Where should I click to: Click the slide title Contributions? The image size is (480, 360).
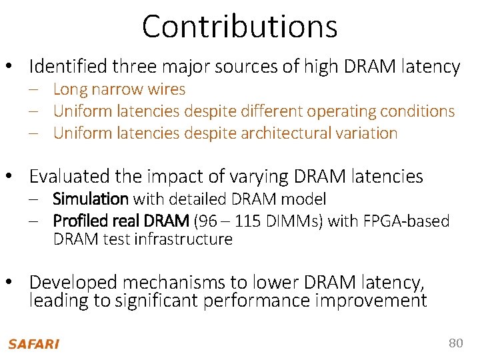(240, 27)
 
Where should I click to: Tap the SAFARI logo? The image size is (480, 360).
(33, 344)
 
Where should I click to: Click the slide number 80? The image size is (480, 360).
(455, 343)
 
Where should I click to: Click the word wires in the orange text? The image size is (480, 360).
(167, 89)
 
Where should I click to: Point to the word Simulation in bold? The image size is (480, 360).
(90, 199)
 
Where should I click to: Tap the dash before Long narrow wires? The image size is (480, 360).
(33, 89)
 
